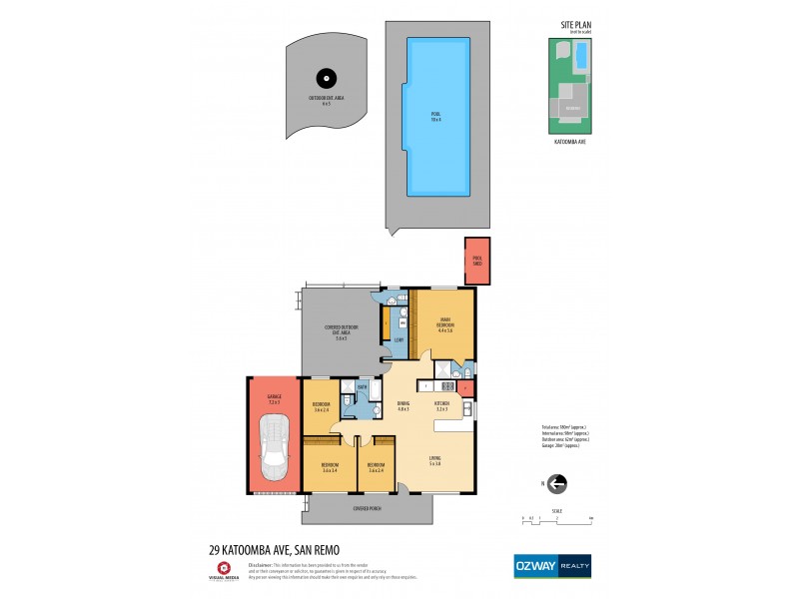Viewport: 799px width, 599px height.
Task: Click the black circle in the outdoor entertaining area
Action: (324, 79)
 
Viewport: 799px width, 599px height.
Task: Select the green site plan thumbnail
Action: (570, 86)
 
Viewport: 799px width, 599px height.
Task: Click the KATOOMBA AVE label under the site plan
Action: (569, 143)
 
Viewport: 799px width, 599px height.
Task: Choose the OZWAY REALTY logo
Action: (552, 564)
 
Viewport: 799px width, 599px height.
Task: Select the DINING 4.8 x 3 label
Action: (403, 406)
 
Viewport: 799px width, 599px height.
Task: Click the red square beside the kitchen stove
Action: (465, 385)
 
